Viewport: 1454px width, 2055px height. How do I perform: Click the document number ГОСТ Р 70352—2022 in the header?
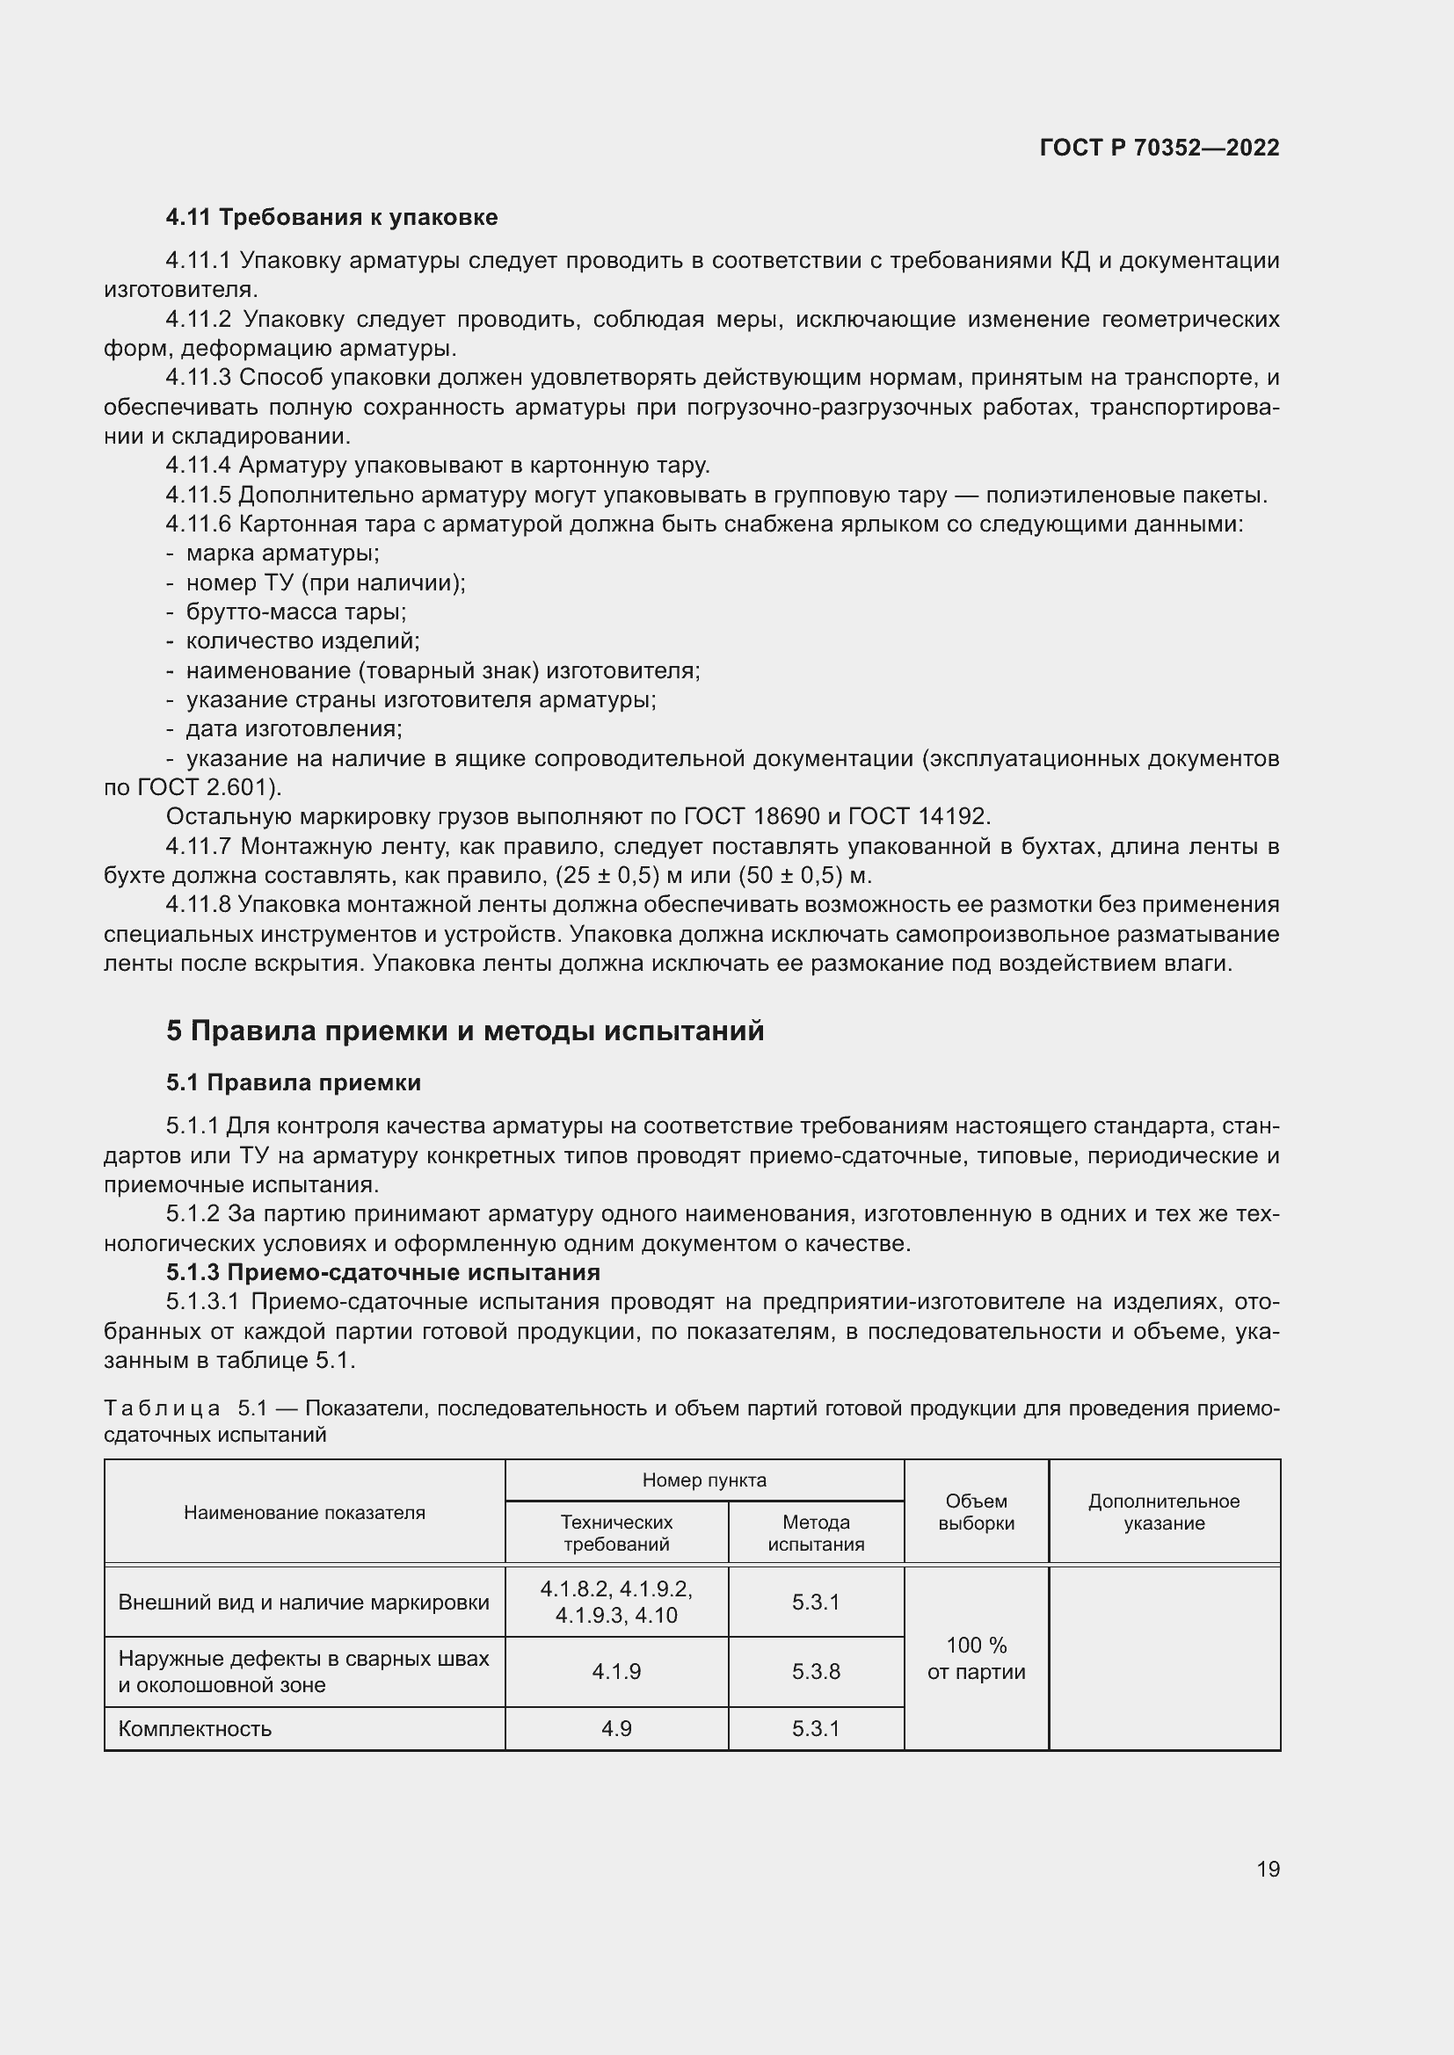[1159, 148]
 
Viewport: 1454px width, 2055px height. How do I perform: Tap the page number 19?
[1268, 1869]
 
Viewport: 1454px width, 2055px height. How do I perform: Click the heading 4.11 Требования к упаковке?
[331, 218]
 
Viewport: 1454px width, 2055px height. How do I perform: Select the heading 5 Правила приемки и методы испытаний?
[465, 1031]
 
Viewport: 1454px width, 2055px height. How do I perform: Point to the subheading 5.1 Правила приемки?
[293, 1083]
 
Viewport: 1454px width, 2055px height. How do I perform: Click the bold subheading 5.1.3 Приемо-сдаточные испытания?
[382, 1272]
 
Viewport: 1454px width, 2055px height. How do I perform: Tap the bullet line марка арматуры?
[282, 554]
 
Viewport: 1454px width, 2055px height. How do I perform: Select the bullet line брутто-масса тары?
[295, 612]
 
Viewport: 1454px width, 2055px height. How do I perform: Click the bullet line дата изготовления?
[294, 728]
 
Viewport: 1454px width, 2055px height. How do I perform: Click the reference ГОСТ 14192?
[917, 816]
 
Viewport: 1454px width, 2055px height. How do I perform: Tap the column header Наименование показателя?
[304, 1513]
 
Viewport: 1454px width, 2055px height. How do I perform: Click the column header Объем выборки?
[976, 1512]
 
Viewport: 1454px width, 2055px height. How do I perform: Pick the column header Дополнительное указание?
[1163, 1512]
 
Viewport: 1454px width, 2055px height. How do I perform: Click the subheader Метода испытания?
[816, 1533]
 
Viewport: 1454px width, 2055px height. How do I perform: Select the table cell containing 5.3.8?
[816, 1672]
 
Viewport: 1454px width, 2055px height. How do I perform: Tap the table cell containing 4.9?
[616, 1728]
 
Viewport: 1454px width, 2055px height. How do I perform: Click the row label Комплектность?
[194, 1728]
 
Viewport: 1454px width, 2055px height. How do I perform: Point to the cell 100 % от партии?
[976, 1659]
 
